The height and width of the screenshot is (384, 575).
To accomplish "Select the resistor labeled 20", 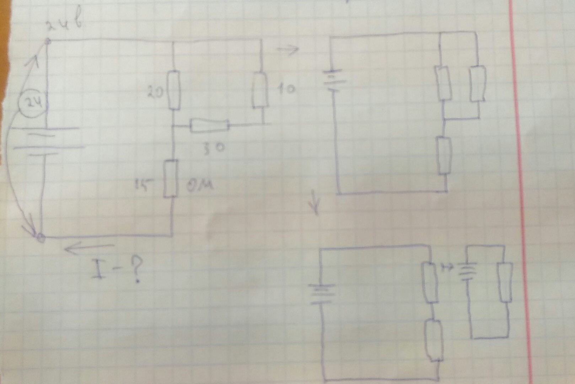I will [174, 90].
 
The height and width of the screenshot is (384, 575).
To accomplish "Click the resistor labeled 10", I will [260, 90].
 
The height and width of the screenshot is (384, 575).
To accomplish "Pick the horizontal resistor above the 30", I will [209, 125].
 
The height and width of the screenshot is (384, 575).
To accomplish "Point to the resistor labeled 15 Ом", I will [171, 178].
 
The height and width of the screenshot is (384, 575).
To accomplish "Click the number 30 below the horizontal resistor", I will [214, 148].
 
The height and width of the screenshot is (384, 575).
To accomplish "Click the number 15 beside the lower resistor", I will [143, 185].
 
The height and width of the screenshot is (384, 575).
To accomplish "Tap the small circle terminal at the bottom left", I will [41, 236].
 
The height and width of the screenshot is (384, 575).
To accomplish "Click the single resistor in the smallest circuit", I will [505, 283].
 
